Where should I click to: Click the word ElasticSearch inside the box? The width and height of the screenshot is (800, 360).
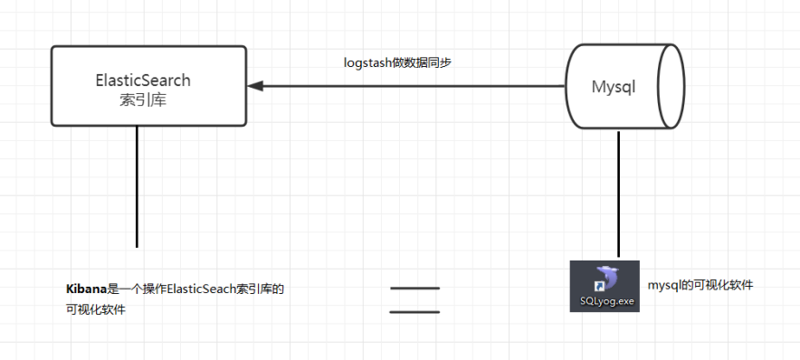pos(143,80)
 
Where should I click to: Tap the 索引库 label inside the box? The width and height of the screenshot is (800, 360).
pos(142,99)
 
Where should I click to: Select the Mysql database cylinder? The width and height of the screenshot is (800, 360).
pos(624,87)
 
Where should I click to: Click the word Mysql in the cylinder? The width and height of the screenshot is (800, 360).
pos(614,87)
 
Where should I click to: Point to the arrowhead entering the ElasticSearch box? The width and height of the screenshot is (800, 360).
pos(255,86)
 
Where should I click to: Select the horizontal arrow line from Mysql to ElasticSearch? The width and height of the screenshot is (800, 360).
pos(407,86)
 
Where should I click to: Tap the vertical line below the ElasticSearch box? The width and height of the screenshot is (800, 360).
pos(137,185)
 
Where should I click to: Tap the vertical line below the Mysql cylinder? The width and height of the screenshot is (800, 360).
pos(619,194)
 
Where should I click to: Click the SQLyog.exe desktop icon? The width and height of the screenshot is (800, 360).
pos(605,286)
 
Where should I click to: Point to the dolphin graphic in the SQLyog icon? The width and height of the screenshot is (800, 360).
pos(605,278)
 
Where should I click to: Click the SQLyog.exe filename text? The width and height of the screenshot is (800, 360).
pos(605,301)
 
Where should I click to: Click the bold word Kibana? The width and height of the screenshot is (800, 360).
pos(86,289)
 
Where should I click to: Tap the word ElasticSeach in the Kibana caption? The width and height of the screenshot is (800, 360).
pos(199,289)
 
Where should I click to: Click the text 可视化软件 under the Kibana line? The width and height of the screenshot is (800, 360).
pos(95,309)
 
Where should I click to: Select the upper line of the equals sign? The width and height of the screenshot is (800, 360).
pos(414,289)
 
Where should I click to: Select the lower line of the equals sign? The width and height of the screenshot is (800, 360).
pos(414,312)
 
